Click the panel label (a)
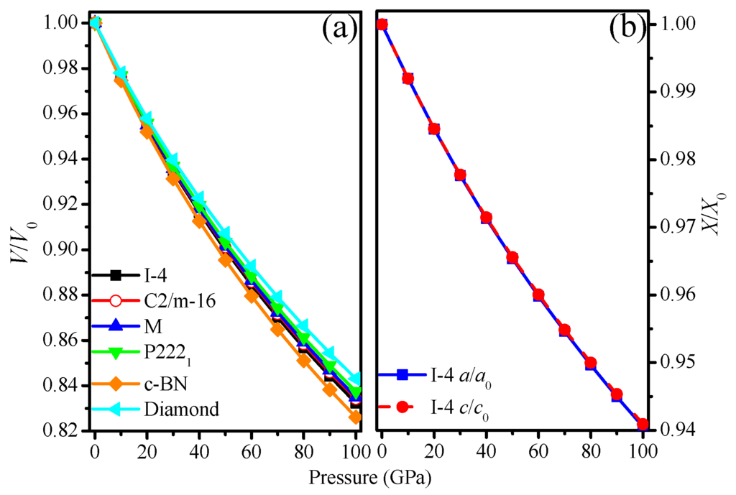[339, 29]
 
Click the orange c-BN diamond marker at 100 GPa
[355, 417]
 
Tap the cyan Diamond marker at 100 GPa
[355, 379]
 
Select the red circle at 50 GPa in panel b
[512, 257]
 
